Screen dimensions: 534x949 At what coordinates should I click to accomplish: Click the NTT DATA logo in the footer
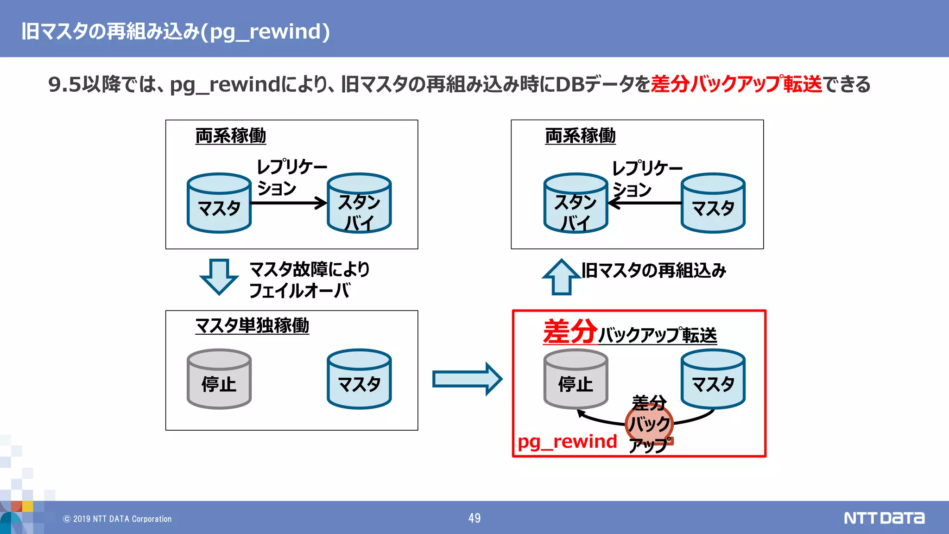tap(884, 518)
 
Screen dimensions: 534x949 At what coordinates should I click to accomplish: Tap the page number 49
tap(474, 518)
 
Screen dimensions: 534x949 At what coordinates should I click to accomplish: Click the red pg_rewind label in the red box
tap(567, 441)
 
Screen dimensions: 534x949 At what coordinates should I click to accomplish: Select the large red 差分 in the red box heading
tap(570, 331)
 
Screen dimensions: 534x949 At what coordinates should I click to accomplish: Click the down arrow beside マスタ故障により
tap(219, 277)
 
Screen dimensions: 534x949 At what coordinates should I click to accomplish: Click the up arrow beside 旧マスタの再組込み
tap(562, 277)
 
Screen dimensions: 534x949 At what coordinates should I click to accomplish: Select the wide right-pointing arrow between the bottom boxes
tap(467, 379)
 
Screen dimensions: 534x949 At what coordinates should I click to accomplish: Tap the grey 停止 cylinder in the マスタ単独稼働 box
tap(219, 379)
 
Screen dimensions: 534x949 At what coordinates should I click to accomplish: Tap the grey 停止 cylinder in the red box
tap(575, 379)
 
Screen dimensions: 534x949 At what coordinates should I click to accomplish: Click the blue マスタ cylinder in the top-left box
tap(219, 203)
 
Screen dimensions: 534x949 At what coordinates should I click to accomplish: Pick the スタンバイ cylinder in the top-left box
tap(359, 203)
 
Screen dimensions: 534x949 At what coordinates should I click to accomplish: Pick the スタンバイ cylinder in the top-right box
tap(575, 203)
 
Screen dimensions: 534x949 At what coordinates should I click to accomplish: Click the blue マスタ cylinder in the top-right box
tap(713, 203)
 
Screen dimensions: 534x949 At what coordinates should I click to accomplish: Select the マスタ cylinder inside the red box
tap(713, 379)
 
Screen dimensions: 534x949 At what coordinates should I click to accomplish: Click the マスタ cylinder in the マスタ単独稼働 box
tap(359, 379)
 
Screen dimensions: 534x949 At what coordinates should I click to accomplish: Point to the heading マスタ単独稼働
tap(252, 325)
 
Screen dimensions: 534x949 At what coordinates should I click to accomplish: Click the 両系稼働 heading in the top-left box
tap(230, 136)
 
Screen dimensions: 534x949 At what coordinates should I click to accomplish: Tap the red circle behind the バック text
tap(649, 423)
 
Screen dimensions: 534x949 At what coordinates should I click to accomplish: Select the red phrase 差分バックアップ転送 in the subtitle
tap(736, 84)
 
